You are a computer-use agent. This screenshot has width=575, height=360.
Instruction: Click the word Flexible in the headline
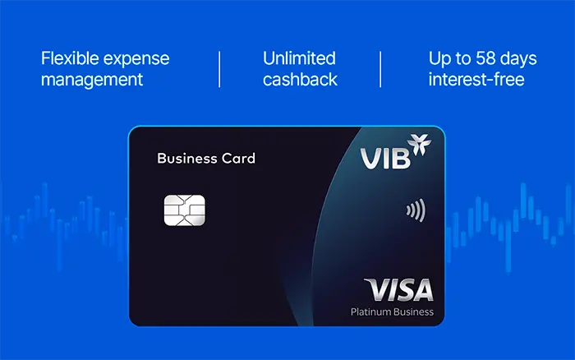click(70, 58)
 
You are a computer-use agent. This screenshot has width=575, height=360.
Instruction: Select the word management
click(92, 81)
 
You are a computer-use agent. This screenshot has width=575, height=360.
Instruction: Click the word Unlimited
click(299, 58)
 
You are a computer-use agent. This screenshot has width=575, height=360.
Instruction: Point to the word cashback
click(300, 80)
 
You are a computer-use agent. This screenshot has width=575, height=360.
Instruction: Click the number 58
click(485, 58)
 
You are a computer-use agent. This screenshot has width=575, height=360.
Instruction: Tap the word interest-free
click(476, 80)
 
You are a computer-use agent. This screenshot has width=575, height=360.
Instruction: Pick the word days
click(518, 59)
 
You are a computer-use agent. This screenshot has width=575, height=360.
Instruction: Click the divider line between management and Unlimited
click(219, 69)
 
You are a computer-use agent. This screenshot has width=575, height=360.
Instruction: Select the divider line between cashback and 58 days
click(380, 69)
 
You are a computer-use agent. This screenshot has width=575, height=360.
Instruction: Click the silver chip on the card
click(185, 210)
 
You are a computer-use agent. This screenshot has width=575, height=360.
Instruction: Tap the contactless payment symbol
click(416, 210)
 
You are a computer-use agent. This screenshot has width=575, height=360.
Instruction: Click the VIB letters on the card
click(385, 159)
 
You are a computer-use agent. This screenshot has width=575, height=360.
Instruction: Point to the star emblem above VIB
click(420, 144)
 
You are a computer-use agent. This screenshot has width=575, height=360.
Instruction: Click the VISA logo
click(399, 289)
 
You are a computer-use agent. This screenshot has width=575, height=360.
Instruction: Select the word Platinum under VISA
click(370, 312)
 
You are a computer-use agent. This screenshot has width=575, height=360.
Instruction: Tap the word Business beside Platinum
click(413, 312)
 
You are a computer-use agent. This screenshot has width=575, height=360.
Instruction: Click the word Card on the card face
click(238, 159)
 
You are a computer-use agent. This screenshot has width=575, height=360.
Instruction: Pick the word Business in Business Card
click(187, 159)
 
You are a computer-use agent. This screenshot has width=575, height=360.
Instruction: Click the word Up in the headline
click(440, 59)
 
